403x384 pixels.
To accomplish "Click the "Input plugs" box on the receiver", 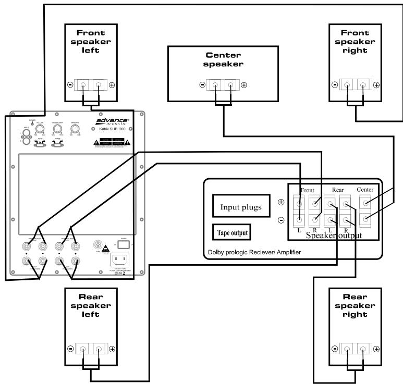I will click(241, 207).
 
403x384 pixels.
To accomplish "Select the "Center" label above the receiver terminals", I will click(365, 189).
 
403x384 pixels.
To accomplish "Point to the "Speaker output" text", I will click(334, 236).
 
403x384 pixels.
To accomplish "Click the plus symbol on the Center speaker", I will click(243, 84).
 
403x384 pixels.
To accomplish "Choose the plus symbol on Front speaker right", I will click(376, 84).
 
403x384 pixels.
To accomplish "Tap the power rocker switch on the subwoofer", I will click(124, 244).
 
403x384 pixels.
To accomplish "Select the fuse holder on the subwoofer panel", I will click(96, 243).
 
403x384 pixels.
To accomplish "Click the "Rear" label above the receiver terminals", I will click(337, 191).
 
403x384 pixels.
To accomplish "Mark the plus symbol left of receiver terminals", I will click(281, 202).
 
